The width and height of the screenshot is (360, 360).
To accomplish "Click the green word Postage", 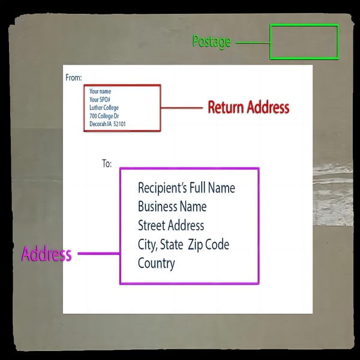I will [211, 42].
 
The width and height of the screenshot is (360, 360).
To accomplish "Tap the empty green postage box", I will [304, 42].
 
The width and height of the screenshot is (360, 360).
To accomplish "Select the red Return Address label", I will [248, 108].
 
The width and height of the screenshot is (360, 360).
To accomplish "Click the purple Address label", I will [46, 254].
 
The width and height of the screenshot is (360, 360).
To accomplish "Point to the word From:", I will [73, 77].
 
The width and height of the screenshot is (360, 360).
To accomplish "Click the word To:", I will [106, 163].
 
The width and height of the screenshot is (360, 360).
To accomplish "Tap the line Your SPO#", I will [100, 100].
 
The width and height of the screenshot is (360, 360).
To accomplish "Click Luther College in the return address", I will [104, 108].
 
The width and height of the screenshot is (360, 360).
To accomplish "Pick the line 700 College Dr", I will [106, 116].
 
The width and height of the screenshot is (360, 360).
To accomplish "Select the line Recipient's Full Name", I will [186, 188].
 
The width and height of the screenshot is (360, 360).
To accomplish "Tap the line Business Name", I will [172, 207].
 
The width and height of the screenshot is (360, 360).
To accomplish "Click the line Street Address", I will [171, 226].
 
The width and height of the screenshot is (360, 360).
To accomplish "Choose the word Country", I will [156, 263].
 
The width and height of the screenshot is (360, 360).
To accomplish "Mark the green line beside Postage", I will [252, 43].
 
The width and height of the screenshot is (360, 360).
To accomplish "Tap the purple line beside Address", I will [98, 254].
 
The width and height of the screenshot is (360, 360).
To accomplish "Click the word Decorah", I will [99, 124].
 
